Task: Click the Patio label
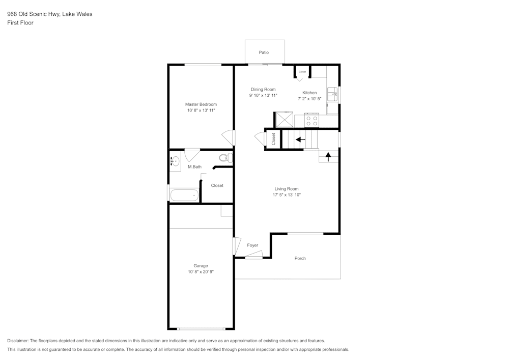click(x=264, y=52)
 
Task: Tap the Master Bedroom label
click(x=201, y=104)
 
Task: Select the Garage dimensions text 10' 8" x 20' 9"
click(x=201, y=272)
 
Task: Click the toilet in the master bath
click(x=225, y=157)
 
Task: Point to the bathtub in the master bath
click(x=184, y=195)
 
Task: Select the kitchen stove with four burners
click(x=311, y=121)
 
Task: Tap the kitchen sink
click(x=332, y=93)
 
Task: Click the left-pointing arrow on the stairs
click(x=300, y=139)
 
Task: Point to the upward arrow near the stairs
click(x=328, y=156)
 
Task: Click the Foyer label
click(x=252, y=245)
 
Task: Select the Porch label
click(x=300, y=258)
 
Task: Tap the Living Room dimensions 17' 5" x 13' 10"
click(x=287, y=195)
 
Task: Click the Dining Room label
click(x=263, y=89)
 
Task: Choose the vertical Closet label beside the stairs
click(x=273, y=139)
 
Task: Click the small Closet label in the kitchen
click(x=302, y=72)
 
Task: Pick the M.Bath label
click(x=194, y=167)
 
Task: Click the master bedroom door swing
click(x=229, y=137)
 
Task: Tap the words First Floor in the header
click(x=20, y=23)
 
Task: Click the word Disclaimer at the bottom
click(x=18, y=341)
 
